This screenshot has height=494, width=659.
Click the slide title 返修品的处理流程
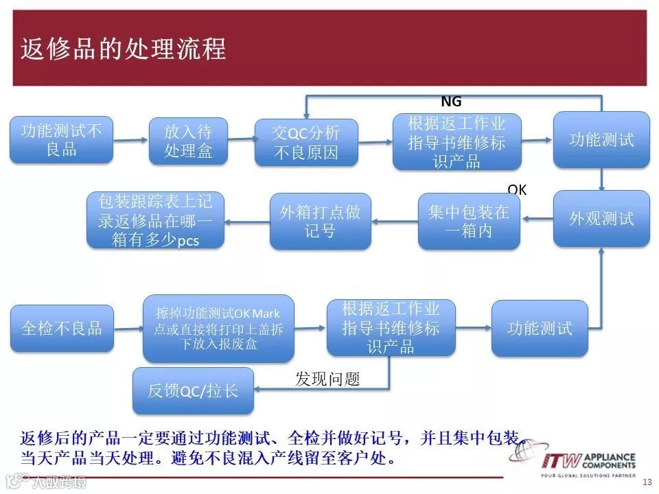(x=124, y=49)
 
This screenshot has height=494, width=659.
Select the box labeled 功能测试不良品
(x=61, y=140)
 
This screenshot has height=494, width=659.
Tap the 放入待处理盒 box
(x=188, y=141)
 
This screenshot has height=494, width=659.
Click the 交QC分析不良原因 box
(x=306, y=143)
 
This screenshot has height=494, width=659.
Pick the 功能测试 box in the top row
(x=601, y=140)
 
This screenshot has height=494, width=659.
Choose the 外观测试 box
(x=601, y=219)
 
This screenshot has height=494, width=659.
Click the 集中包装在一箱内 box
(x=469, y=221)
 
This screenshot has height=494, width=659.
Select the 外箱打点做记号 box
(x=320, y=221)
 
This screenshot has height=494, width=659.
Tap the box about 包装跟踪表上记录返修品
(x=155, y=220)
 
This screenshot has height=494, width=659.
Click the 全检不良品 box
(x=62, y=328)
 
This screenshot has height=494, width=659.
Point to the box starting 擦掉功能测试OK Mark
(x=218, y=329)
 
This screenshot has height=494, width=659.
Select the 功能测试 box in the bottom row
(x=540, y=328)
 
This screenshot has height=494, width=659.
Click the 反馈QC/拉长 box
(x=193, y=390)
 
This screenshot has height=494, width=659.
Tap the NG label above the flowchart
(x=451, y=102)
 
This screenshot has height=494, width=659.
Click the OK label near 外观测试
(x=517, y=189)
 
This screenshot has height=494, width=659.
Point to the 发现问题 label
(x=327, y=379)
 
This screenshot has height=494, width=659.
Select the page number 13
(x=647, y=482)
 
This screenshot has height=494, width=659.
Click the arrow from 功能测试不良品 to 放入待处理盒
(x=131, y=140)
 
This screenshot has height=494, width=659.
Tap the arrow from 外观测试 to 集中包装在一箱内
(x=537, y=219)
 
